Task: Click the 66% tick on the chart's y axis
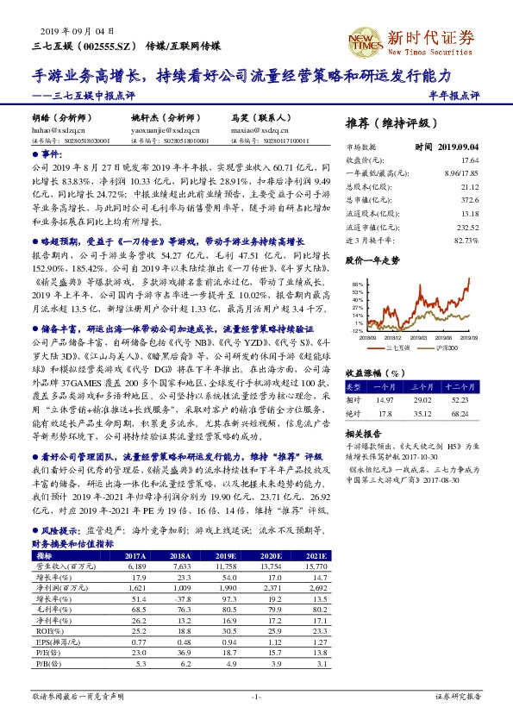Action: [356, 283]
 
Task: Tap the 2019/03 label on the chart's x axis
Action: [417, 340]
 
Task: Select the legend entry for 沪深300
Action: [441, 347]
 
